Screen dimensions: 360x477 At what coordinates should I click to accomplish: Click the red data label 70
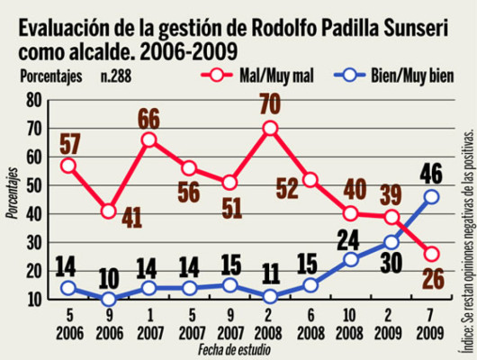point(270,102)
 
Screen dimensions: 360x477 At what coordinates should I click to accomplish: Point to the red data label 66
point(150,118)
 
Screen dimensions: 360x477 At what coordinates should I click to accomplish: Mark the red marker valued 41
point(109,211)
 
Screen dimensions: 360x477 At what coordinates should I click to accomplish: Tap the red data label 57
point(67,143)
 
